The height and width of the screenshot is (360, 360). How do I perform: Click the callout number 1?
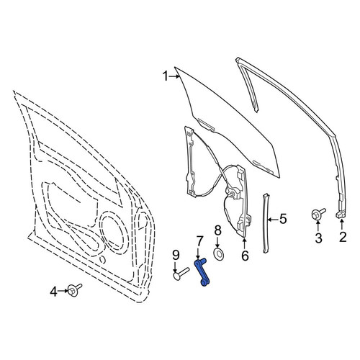pyautogui.click(x=165, y=76)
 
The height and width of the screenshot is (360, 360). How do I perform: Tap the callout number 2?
pyautogui.click(x=343, y=237)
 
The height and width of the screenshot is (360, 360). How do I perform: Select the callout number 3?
pyautogui.click(x=318, y=238)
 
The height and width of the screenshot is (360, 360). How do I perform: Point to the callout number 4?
pyautogui.click(x=54, y=292)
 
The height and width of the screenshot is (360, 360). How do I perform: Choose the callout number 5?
pyautogui.click(x=283, y=219)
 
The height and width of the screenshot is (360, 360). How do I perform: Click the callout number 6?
pyautogui.click(x=245, y=256)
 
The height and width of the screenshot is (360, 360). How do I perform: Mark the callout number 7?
pyautogui.click(x=199, y=241)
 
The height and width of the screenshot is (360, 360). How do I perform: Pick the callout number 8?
pyautogui.click(x=217, y=231)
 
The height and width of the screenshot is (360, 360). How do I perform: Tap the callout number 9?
pyautogui.click(x=176, y=255)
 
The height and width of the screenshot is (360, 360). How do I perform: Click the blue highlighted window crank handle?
pyautogui.click(x=202, y=272)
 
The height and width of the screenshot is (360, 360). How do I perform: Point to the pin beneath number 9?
pyautogui.click(x=181, y=274)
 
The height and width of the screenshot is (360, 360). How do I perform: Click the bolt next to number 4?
pyautogui.click(x=74, y=290)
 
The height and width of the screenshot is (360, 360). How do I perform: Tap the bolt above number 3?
pyautogui.click(x=318, y=214)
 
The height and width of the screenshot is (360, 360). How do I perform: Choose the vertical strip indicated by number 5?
pyautogui.click(x=266, y=223)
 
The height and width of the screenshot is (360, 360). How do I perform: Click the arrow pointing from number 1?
pyautogui.click(x=174, y=76)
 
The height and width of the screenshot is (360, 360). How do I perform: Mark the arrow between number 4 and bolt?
pyautogui.click(x=63, y=291)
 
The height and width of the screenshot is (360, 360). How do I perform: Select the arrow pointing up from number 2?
pyautogui.click(x=341, y=225)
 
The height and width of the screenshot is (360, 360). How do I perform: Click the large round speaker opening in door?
pyautogui.click(x=114, y=231)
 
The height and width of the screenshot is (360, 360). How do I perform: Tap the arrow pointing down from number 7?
pyautogui.click(x=198, y=253)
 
